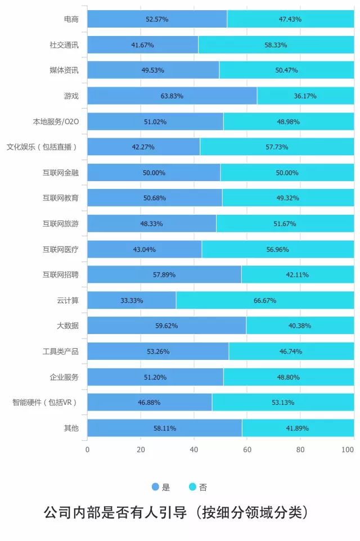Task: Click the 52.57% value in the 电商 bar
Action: coord(157,19)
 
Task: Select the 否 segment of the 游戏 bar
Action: coord(305,96)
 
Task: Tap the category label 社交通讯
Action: coord(64,45)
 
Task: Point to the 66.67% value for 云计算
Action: coord(265,300)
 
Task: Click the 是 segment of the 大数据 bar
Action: coord(166,326)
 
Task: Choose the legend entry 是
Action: coord(161,487)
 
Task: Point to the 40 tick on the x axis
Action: coord(194,450)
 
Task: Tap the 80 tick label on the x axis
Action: coord(300,450)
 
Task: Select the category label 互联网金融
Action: coord(60,173)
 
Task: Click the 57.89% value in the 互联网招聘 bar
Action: coord(164,275)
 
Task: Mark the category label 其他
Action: coord(71,428)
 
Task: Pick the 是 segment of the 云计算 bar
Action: coord(132,300)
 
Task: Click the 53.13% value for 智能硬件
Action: coord(283,403)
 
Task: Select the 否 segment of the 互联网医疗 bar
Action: coord(278,249)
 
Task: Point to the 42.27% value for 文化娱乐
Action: coord(143,147)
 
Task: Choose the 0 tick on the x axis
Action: coord(87,450)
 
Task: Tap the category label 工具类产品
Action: coord(60,351)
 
